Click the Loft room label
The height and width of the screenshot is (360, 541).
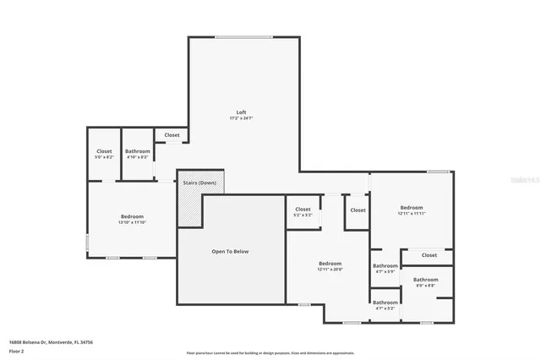[242, 112]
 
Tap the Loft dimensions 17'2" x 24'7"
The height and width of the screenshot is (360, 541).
[242, 118]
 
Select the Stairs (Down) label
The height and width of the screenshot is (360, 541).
[200, 183]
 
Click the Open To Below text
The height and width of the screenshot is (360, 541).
[230, 251]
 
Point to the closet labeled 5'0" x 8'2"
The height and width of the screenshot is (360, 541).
[103, 154]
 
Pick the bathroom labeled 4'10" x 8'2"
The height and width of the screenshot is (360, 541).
[138, 154]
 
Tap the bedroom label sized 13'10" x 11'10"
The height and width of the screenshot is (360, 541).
[132, 219]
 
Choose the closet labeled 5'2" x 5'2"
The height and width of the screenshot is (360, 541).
[303, 211]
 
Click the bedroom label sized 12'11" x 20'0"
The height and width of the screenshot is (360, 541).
[330, 265]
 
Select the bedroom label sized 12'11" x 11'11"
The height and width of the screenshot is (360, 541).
[411, 210]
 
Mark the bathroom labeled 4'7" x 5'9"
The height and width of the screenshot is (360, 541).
[385, 268]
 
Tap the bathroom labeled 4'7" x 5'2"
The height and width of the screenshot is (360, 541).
[385, 305]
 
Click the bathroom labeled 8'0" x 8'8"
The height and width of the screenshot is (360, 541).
[425, 282]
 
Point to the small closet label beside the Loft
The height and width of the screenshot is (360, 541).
[172, 134]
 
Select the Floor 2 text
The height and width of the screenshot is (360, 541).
[17, 349]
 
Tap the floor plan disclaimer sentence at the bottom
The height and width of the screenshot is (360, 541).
[270, 352]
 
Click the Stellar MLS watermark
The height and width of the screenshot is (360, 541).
[524, 179]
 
